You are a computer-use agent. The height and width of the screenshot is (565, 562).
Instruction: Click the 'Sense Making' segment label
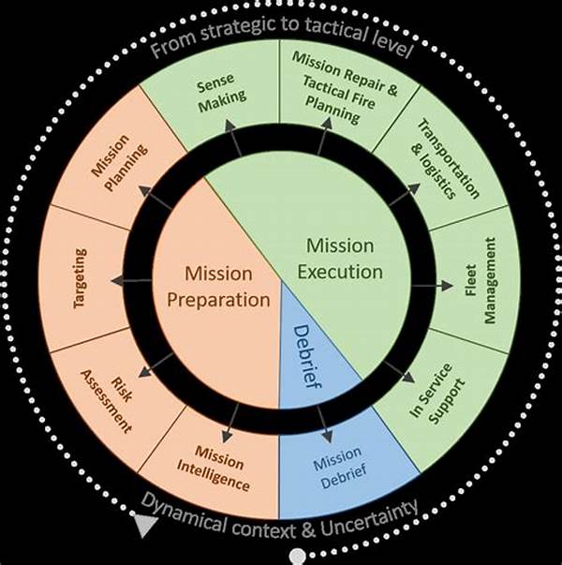pyautogui.click(x=221, y=89)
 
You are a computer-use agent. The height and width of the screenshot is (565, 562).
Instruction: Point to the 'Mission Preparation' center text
pyautogui.click(x=217, y=288)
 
